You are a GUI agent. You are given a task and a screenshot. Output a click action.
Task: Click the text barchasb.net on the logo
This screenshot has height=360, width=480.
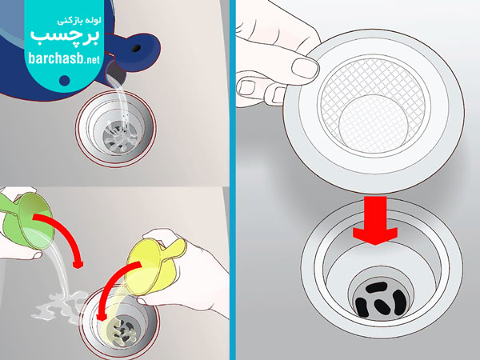coord(64,58)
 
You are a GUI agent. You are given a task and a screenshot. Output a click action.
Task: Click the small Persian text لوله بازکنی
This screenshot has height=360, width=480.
coord(79,21)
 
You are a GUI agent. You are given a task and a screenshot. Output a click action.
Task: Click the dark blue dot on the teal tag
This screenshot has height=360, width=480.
coord(65,80)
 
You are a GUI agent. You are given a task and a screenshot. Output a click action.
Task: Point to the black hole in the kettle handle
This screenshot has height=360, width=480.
coord(136,48)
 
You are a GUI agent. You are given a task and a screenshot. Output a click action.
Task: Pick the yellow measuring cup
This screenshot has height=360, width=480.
coord(153,267)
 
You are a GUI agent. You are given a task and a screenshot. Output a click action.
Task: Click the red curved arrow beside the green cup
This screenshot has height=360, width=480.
coord(62,234)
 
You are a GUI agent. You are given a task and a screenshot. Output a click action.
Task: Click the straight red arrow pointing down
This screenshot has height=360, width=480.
coord(375,221)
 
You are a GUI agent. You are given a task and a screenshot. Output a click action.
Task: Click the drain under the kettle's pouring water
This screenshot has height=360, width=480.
coord(116,129)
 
